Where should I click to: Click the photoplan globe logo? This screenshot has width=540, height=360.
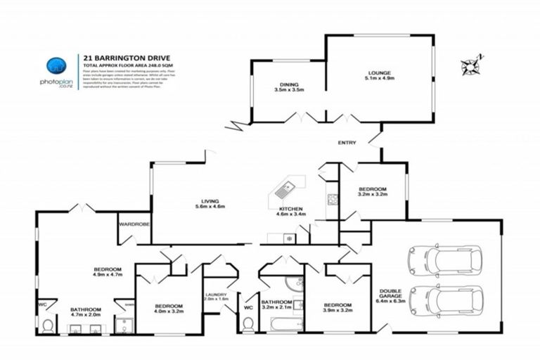pyautogui.click(x=56, y=66)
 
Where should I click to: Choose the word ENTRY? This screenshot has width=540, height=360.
pyautogui.click(x=347, y=143)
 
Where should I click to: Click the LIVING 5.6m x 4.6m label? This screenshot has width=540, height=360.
pyautogui.click(x=208, y=205)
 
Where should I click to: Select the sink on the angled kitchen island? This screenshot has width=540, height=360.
pyautogui.click(x=287, y=188)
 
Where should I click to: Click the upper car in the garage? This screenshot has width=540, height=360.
pyautogui.click(x=444, y=260)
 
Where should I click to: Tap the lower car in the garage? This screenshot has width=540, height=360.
pyautogui.click(x=444, y=301)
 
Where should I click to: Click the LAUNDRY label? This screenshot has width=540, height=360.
pyautogui.click(x=217, y=297)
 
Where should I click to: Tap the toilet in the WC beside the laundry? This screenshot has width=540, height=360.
pyautogui.click(x=247, y=324)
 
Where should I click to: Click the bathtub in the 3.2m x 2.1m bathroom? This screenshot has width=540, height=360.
pyautogui.click(x=281, y=325)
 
